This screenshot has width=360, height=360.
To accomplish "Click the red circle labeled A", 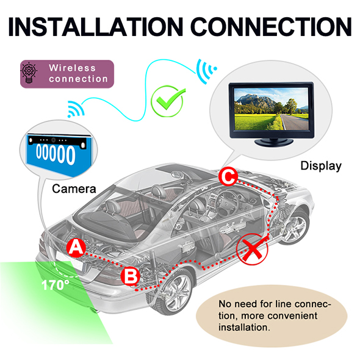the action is (x=76, y=248).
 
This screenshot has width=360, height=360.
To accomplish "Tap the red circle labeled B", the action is (x=131, y=276).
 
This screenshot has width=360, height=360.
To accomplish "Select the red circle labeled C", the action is (x=228, y=177).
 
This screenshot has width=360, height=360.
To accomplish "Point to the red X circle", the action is (x=252, y=250).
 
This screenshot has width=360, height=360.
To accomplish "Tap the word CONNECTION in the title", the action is (x=271, y=27).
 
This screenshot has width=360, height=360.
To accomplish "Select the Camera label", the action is (x=74, y=189).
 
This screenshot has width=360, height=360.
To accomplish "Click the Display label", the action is (x=321, y=166).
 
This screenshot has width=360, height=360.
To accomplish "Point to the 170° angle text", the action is (x=55, y=285).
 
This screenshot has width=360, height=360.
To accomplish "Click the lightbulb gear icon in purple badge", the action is (x=29, y=73).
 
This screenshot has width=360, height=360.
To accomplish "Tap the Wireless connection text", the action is (x=78, y=73).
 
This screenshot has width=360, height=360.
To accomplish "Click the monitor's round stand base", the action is (x=274, y=142).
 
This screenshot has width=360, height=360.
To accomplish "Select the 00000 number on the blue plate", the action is (x=56, y=154).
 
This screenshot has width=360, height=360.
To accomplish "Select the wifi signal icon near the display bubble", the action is (x=206, y=71).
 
